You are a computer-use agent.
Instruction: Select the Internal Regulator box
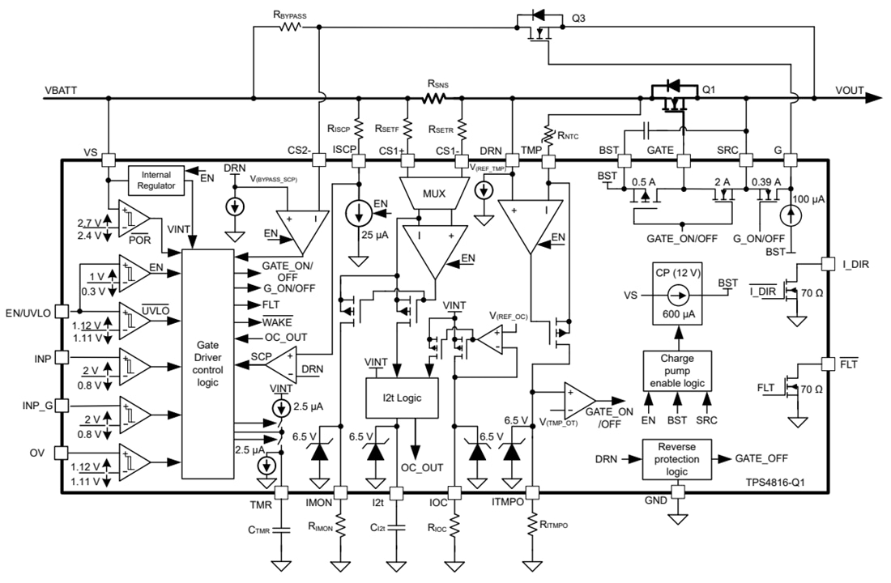[156, 180]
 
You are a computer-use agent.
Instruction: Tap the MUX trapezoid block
[418, 194]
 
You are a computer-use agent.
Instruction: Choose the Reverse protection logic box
[676, 459]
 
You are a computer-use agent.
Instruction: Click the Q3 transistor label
[578, 19]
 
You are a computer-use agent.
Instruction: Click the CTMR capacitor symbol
[282, 530]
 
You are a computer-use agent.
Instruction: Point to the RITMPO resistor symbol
[532, 525]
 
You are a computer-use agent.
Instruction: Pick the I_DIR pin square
[827, 263]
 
